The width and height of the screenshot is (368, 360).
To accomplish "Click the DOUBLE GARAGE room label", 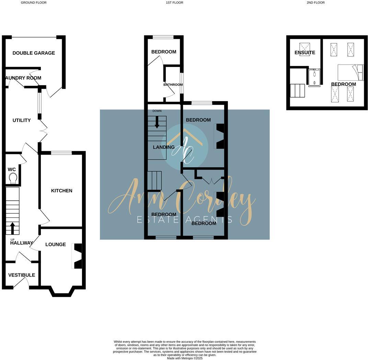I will [34, 53].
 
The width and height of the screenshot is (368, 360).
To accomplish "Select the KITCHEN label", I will [62, 191].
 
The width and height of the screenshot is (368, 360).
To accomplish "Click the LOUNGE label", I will [56, 244].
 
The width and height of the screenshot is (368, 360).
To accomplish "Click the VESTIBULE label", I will [22, 275].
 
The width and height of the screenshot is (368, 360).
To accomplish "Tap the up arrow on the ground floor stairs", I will [13, 228].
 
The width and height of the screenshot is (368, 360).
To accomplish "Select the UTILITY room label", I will [22, 120].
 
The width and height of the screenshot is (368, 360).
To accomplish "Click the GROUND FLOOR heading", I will [34, 3].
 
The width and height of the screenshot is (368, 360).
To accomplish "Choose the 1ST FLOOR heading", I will [174, 3].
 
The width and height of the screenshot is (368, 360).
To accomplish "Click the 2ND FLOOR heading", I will [315, 3].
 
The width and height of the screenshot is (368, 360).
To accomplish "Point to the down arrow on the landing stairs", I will [157, 122].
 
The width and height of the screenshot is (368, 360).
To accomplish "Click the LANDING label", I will [164, 147].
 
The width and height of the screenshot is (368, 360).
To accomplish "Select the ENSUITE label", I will [305, 53].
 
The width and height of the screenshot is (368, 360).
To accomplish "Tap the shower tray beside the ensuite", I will [314, 78].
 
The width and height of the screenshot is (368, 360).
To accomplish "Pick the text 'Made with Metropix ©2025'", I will [185, 358].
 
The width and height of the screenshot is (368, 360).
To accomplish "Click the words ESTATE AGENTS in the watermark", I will [185, 220].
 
